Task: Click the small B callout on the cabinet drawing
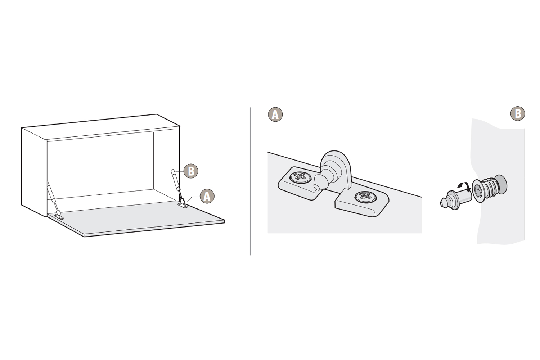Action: (191, 171)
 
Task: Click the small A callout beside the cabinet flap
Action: (207, 196)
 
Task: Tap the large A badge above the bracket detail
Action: (275, 114)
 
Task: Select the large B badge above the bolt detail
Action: (518, 113)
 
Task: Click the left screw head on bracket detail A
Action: (300, 177)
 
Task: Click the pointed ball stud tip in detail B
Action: (444, 202)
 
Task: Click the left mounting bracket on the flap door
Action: (59, 217)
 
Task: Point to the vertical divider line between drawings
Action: (250, 181)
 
